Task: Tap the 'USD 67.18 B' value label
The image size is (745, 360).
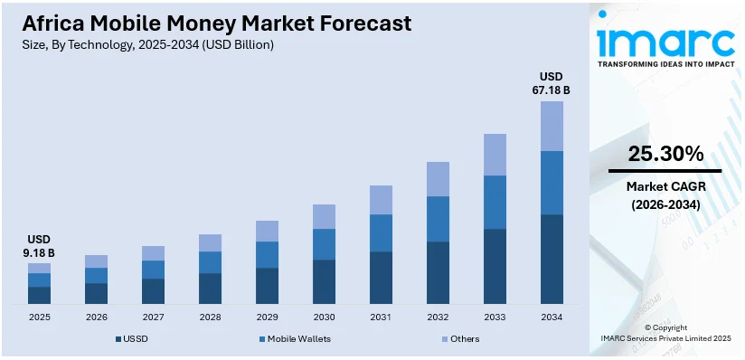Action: coord(552,83)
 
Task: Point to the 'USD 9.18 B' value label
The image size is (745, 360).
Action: coord(39,246)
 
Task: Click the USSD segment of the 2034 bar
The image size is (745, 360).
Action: coord(552,259)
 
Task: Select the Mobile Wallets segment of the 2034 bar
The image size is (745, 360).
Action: coord(552,183)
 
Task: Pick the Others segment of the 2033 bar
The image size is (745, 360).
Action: coord(495,155)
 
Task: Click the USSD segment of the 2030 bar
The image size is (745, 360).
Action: coord(324,281)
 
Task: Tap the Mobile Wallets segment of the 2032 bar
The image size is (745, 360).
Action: coord(438,219)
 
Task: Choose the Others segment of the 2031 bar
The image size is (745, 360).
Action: coord(381,200)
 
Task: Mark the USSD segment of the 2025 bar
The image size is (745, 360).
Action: coord(39,295)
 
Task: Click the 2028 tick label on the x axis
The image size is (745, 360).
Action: coord(210,317)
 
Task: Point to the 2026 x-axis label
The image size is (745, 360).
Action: coord(96,317)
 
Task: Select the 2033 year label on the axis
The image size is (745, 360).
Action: coord(495,317)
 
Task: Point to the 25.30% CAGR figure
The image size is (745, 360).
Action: coord(665,154)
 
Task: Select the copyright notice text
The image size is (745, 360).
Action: coord(665,332)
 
